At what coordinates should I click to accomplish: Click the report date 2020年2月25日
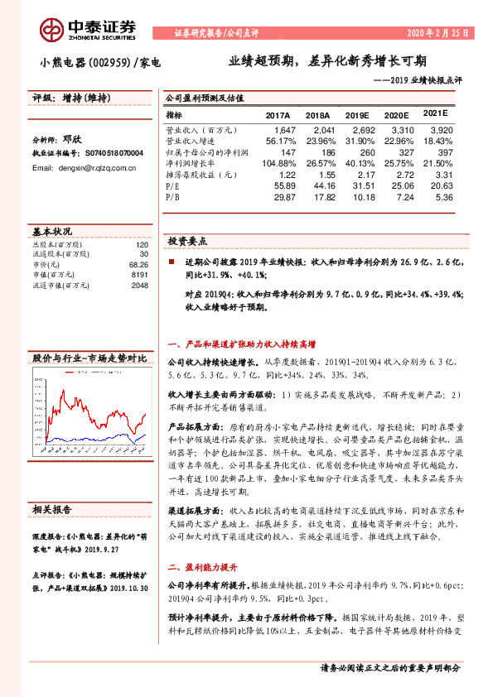point(436,34)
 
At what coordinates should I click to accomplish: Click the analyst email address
point(84,167)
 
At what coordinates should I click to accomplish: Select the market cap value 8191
point(139,275)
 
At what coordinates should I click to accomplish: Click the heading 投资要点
point(188,241)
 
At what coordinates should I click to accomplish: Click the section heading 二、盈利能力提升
point(203,567)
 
